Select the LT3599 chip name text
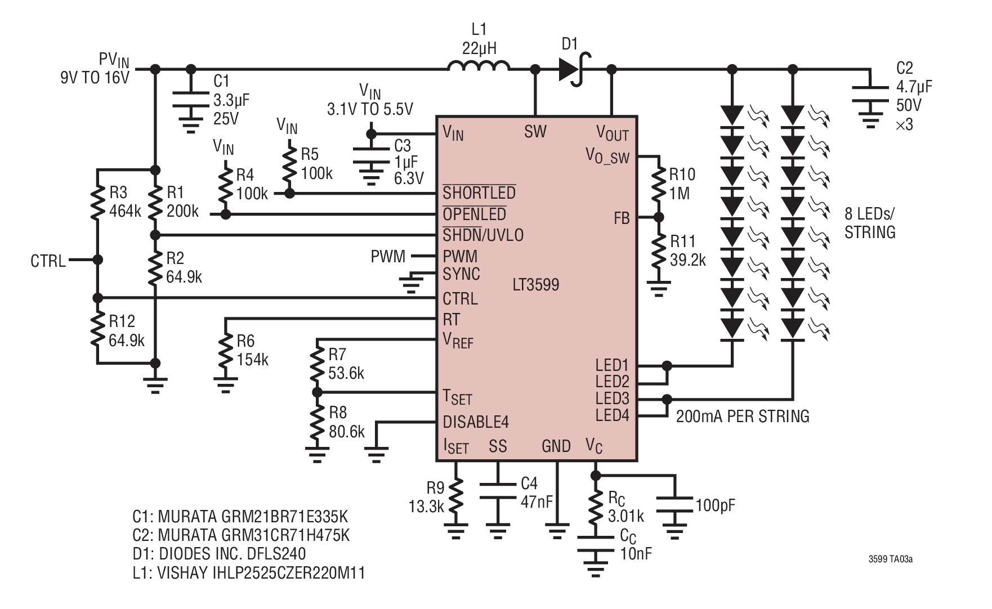(536, 284)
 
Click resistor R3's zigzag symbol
(98, 203)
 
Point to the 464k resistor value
(126, 211)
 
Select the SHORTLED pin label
(479, 192)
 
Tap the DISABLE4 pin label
(476, 422)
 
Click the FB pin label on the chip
(622, 218)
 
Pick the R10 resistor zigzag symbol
(658, 184)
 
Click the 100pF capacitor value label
(716, 505)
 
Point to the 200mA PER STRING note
(743, 416)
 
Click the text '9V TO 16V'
(95, 77)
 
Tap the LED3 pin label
(613, 398)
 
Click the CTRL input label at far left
(48, 261)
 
